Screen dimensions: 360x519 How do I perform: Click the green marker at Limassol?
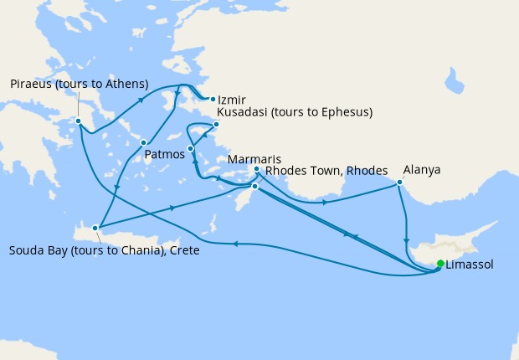point(440,265)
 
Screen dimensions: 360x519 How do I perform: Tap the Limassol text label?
point(470,265)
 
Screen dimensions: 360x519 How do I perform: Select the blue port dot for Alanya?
point(399,182)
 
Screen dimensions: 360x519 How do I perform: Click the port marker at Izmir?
point(213,99)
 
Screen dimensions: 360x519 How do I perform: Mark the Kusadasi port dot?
point(215,125)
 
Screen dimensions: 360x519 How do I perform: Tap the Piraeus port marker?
point(78,121)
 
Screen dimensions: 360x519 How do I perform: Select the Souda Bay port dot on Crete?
point(96,227)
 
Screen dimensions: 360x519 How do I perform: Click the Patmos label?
point(164,155)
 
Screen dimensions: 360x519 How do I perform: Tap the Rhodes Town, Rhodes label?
point(326,171)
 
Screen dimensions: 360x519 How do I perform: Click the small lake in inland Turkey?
point(456,81)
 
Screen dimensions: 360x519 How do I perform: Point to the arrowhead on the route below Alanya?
point(406,242)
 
